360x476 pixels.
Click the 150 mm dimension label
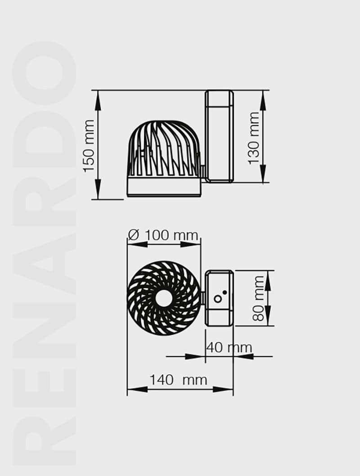(x=89, y=145)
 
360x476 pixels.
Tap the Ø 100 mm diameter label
(x=163, y=235)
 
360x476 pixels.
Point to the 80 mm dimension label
(x=258, y=298)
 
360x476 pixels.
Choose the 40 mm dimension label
(x=229, y=347)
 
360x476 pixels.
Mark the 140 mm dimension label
(x=178, y=380)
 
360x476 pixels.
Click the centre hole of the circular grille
(x=163, y=298)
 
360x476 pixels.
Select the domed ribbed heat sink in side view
(x=163, y=148)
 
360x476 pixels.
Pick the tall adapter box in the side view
(x=219, y=136)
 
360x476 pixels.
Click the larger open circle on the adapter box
(x=218, y=299)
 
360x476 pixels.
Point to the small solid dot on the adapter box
(x=224, y=292)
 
